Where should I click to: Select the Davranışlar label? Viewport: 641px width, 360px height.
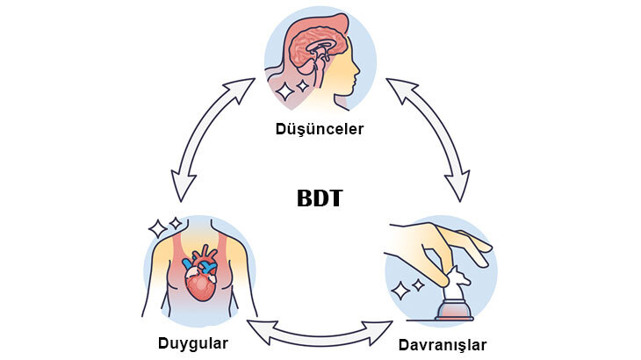click(442, 343)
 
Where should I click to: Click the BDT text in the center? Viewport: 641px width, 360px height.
click(320, 198)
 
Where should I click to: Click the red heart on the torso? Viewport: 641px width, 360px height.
click(199, 279)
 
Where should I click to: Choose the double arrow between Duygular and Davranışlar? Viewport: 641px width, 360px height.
click(320, 331)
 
